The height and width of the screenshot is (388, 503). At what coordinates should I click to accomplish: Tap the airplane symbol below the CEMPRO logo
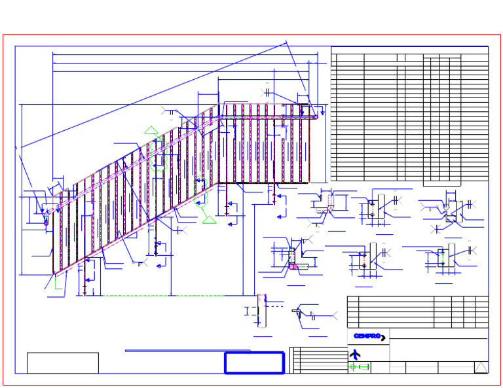355,355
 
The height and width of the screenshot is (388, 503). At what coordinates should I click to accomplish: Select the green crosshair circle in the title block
353,367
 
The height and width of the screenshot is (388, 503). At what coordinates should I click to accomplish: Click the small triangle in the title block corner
481,367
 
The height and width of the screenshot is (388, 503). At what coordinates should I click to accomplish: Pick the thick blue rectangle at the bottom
254,362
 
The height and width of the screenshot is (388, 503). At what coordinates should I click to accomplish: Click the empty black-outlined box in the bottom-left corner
63,363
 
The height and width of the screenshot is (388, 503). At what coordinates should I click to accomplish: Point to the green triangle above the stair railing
151,130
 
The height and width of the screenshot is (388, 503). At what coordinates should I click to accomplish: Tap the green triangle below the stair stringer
209,220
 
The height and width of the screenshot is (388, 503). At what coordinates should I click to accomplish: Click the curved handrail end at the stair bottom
47,217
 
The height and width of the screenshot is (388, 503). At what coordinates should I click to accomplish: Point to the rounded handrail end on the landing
315,117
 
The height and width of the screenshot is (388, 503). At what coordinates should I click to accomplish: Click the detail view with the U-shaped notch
453,211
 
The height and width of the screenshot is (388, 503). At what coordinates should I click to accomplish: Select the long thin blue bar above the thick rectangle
188,351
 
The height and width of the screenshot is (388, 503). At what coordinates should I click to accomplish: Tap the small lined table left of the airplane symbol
319,360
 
